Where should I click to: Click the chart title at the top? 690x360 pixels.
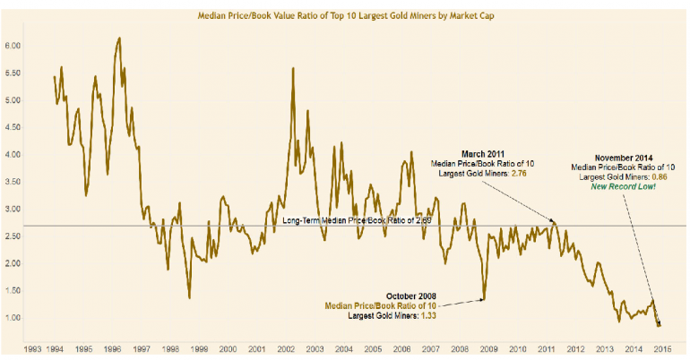point(346,15)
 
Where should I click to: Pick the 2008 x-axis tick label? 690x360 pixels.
point(460,347)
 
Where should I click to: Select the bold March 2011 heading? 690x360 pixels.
point(488,153)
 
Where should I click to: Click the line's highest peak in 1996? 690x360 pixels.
point(119,39)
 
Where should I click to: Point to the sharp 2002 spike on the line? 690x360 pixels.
point(294,68)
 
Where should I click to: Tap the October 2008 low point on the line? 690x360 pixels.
point(484,299)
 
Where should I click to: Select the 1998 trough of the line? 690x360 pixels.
point(189,298)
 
